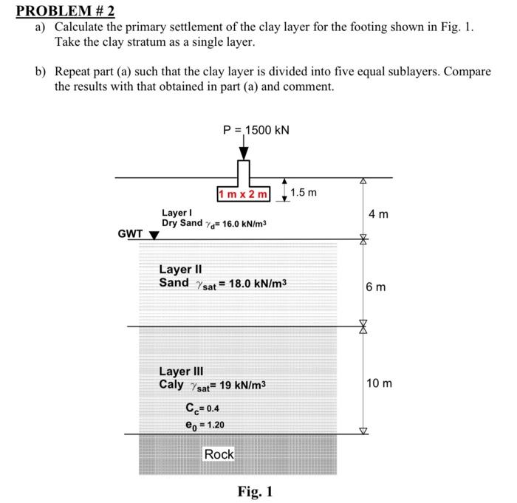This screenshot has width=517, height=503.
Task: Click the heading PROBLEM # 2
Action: (61, 12)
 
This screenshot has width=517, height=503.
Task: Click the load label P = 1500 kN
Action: (256, 130)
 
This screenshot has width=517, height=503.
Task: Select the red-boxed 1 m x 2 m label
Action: (244, 194)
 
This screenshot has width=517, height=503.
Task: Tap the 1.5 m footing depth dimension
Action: (303, 193)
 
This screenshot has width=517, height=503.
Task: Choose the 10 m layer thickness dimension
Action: (379, 383)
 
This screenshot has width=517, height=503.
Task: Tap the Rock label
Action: (219, 454)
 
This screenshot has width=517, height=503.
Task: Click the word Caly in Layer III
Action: (172, 385)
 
